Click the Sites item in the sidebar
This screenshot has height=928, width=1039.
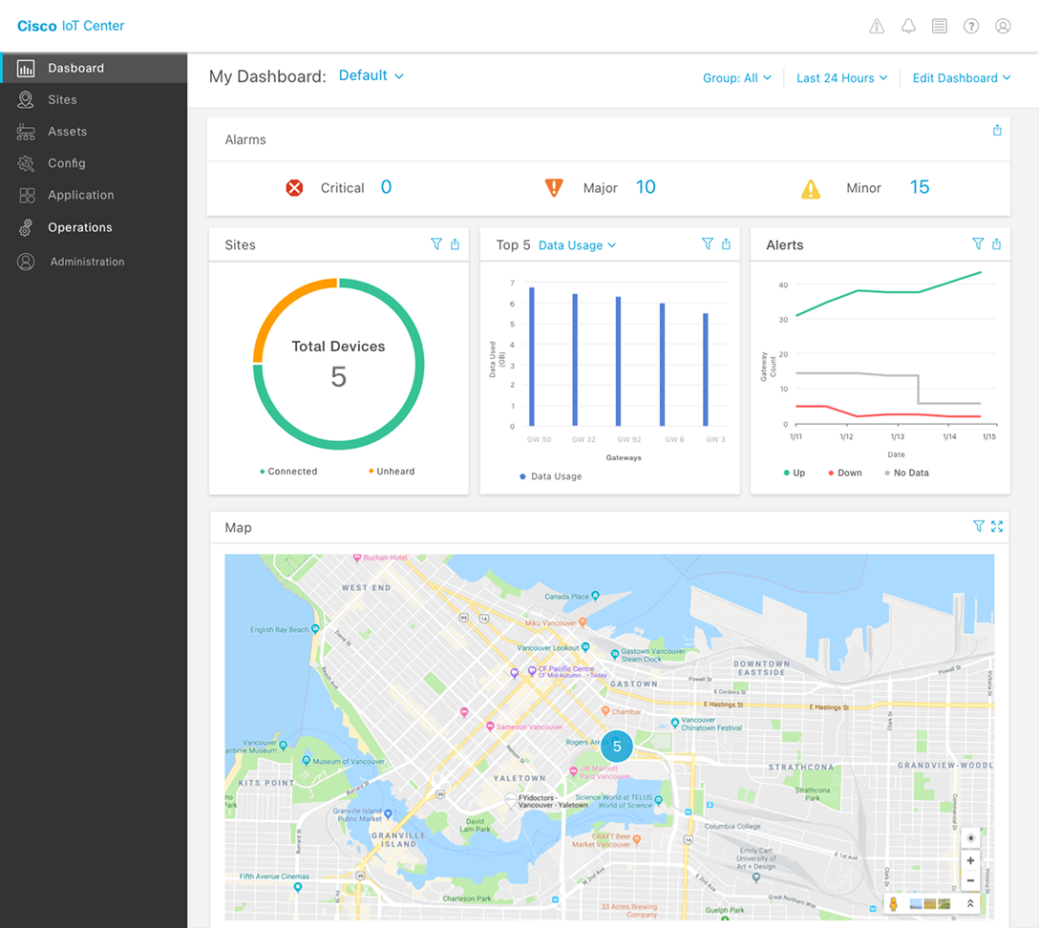(x=62, y=100)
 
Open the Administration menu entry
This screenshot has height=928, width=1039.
(x=87, y=262)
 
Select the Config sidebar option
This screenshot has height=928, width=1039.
(x=66, y=163)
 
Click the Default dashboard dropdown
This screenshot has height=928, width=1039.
(x=371, y=75)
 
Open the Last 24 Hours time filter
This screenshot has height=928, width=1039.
(x=841, y=78)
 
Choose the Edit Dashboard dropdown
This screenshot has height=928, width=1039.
(x=961, y=78)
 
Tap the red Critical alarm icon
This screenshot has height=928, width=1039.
(x=294, y=188)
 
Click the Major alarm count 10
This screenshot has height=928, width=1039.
(x=646, y=187)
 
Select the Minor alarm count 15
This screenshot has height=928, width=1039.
(x=919, y=187)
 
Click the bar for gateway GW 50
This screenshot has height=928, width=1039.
(x=532, y=357)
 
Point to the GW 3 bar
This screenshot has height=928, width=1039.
(x=706, y=369)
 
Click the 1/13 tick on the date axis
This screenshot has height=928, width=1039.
(x=898, y=436)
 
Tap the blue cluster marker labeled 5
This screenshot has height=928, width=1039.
(x=617, y=747)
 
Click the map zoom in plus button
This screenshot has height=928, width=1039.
(x=970, y=861)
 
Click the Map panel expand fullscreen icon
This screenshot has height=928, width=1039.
(x=997, y=526)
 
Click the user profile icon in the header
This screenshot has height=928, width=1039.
(x=1003, y=27)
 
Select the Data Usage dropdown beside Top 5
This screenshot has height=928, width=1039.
(x=577, y=245)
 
